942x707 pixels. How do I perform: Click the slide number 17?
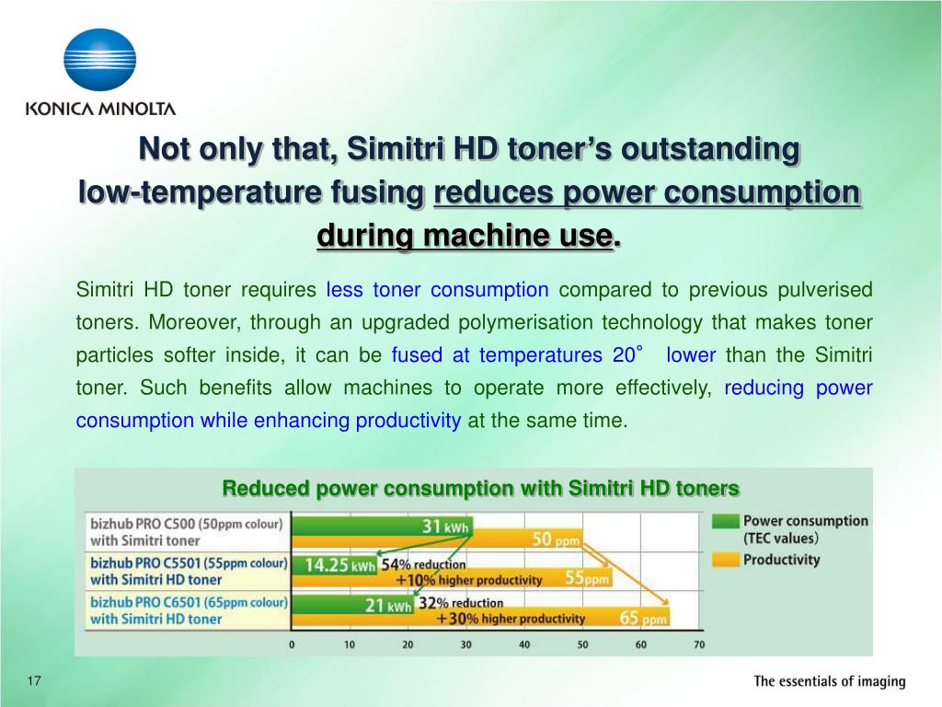tap(35, 681)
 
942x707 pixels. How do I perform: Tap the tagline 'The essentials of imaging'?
tap(829, 682)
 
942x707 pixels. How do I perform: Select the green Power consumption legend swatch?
tap(726, 521)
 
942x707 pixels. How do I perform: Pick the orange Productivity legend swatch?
tap(726, 559)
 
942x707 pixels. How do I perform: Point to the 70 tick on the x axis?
tap(699, 644)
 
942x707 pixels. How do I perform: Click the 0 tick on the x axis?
tap(293, 644)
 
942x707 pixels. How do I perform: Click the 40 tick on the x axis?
tap(524, 644)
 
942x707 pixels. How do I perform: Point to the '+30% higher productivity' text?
tap(511, 619)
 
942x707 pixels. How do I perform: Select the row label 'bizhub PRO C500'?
tap(189, 522)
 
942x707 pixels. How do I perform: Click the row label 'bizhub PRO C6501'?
tap(189, 602)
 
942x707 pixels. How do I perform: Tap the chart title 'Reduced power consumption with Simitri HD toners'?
tap(480, 488)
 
